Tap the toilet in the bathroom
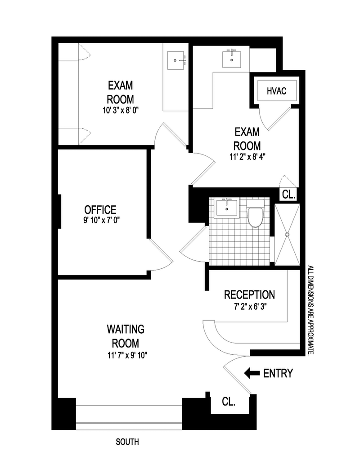coord(255,217)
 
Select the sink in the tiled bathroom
coord(227,208)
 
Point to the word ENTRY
coord(278,373)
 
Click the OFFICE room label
coord(100,209)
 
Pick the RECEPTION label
coord(249,295)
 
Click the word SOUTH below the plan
coord(127,442)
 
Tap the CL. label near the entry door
coord(229,401)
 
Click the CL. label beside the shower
coord(288,195)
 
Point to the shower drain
coord(287,234)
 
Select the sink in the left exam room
coord(177,60)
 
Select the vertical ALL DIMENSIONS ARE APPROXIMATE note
coord(310,311)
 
